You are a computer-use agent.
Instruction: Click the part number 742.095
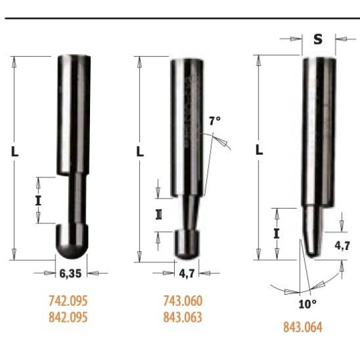coord(68,301)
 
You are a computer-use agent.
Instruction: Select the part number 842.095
coord(68,317)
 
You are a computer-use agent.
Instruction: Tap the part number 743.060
coord(183,301)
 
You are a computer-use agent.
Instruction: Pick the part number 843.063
coord(183,317)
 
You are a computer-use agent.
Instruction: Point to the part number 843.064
coord(303,327)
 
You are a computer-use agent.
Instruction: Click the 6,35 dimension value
coord(71,273)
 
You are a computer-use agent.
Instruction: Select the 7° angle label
coord(215,121)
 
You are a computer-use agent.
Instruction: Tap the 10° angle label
coord(307,305)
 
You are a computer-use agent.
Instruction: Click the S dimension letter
coord(318,39)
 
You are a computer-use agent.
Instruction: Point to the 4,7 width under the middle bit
coord(187,273)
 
